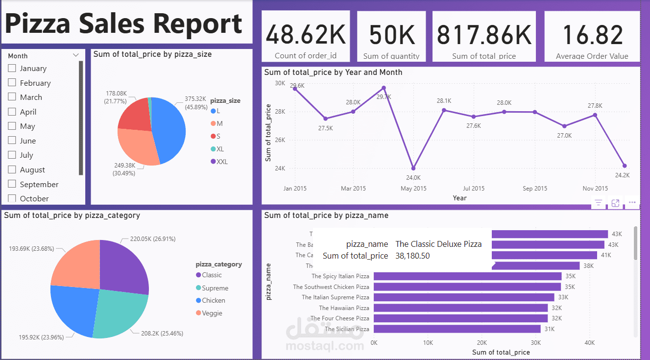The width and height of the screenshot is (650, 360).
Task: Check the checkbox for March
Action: point(12,97)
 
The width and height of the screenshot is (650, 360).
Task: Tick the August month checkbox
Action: point(12,170)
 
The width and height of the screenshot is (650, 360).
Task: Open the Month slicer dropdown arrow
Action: point(75,56)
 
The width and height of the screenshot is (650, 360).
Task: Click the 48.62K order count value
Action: point(306,35)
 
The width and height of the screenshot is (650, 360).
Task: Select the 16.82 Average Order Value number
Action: point(592,35)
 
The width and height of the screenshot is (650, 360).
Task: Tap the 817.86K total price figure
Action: point(484,35)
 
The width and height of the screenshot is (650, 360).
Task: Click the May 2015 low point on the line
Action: point(413,168)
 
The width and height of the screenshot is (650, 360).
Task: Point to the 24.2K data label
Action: point(622,175)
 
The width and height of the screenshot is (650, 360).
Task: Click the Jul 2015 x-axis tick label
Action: point(474,189)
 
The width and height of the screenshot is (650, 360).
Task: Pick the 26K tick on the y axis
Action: point(280,140)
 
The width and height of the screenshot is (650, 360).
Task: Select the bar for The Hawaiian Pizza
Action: point(460,308)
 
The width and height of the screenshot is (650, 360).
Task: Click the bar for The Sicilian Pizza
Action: point(457,329)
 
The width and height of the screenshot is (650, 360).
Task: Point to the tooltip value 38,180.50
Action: point(412,256)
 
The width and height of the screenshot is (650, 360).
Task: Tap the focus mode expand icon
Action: point(615,203)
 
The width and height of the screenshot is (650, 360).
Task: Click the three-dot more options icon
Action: point(632,202)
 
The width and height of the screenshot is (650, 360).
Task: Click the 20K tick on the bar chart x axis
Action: point(482,343)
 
